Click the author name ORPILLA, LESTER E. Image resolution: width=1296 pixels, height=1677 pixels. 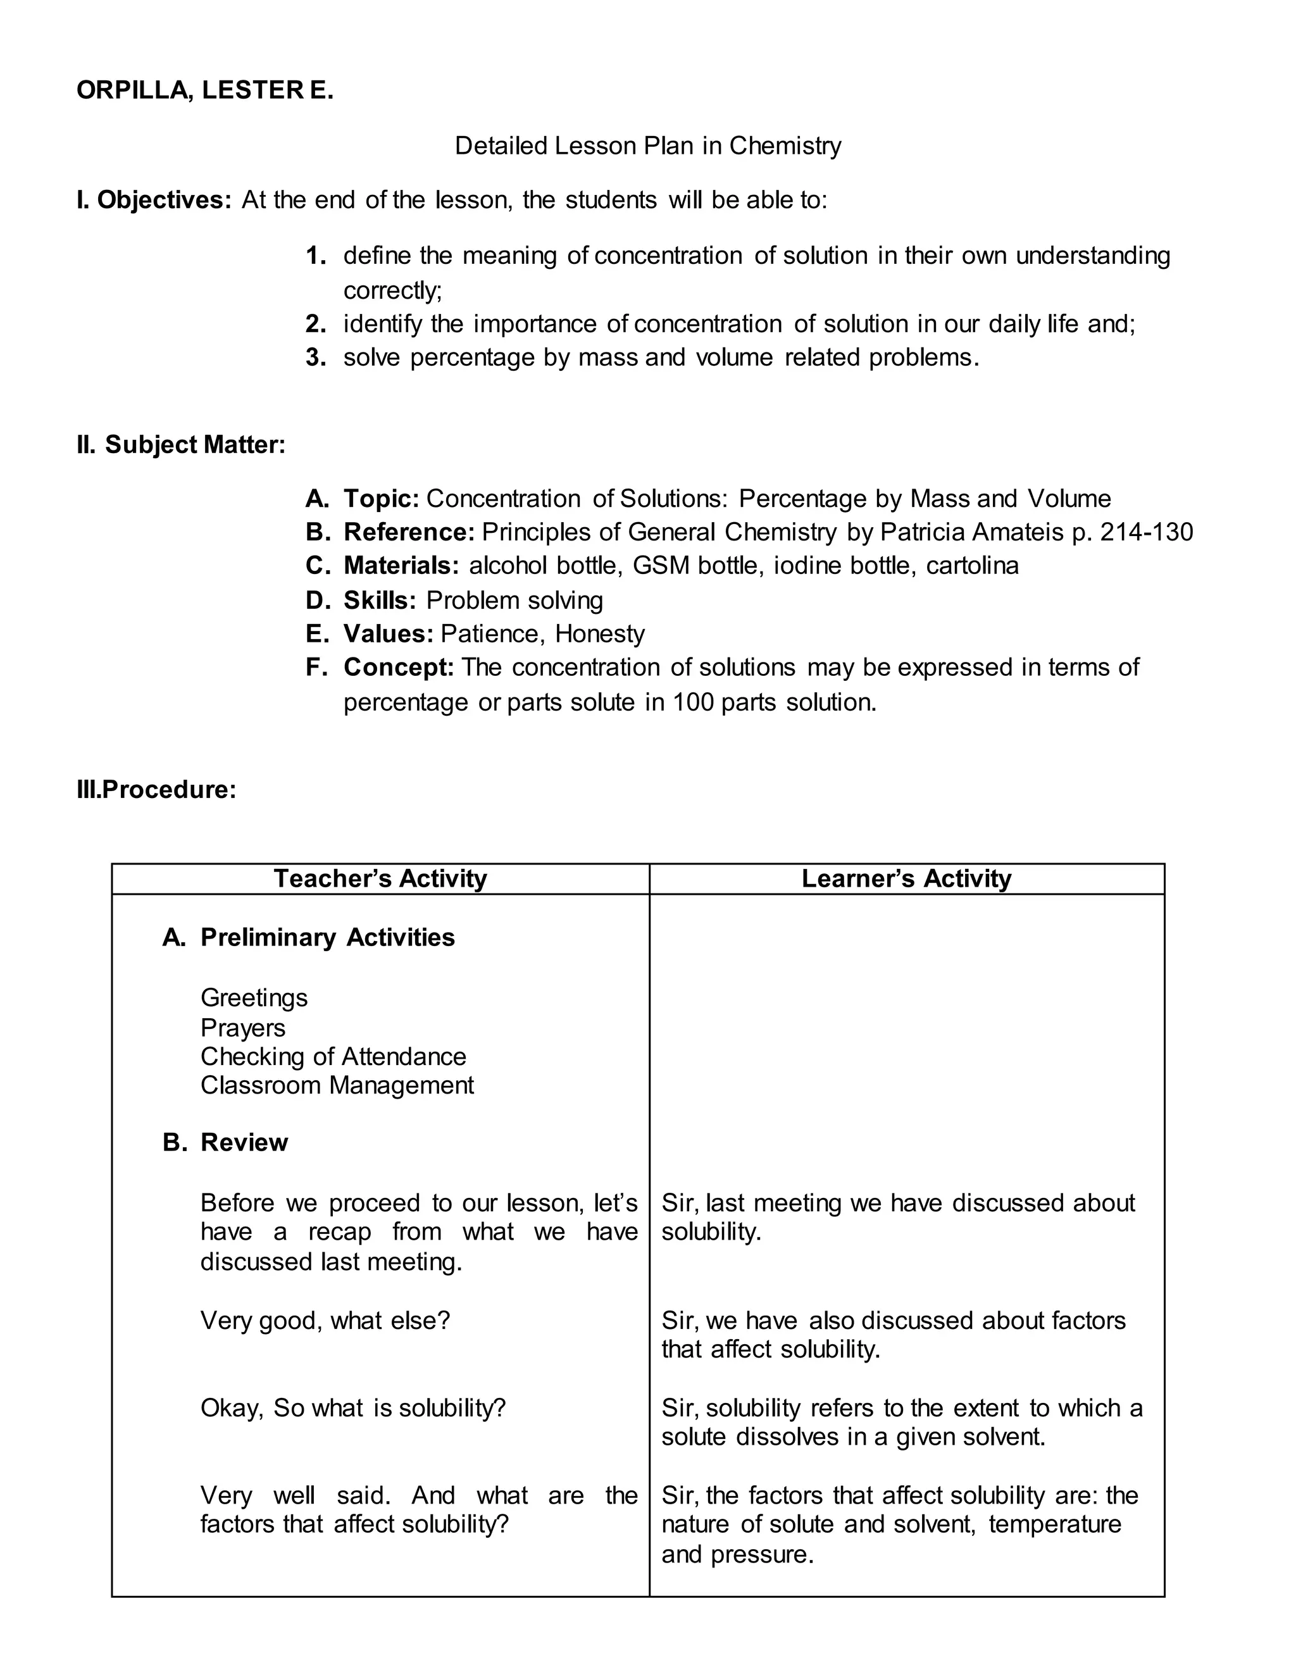point(205,90)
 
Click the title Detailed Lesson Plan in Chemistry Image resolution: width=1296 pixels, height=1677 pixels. point(647,146)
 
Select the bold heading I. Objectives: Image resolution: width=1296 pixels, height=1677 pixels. point(154,201)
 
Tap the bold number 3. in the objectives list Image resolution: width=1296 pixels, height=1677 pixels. point(316,358)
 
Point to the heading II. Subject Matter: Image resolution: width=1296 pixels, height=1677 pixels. point(180,445)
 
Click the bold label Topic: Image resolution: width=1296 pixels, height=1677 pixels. point(381,499)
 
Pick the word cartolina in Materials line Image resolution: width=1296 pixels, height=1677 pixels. point(972,566)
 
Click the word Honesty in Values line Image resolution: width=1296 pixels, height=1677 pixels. point(600,634)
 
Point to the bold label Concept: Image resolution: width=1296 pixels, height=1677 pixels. point(399,667)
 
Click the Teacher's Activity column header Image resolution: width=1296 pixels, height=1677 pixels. point(380,878)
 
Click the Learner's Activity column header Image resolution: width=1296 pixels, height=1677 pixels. point(906,878)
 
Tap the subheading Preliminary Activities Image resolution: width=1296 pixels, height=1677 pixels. point(327,938)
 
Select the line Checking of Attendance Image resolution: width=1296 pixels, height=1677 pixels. point(333,1057)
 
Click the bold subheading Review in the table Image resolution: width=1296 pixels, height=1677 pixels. point(244,1142)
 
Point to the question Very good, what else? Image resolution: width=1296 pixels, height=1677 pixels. point(325,1321)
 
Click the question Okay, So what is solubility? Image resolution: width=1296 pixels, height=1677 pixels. point(353,1408)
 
